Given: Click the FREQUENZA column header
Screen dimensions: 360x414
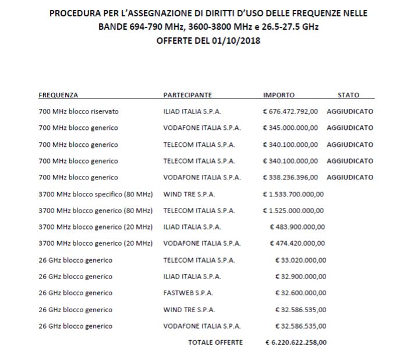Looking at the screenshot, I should coord(58,95).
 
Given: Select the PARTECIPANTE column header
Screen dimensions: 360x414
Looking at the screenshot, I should coord(187,95).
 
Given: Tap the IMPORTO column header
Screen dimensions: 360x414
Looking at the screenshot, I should coord(279,95).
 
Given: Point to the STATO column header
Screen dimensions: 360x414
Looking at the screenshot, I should coord(348,95).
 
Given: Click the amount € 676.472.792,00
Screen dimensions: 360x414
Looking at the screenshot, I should coord(291,111).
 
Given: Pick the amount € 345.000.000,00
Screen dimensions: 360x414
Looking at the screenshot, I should coord(291,128).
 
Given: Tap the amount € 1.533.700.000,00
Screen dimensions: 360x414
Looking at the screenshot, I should coord(294,194).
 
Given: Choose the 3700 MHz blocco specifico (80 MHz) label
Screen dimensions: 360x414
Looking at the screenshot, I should coord(95,194).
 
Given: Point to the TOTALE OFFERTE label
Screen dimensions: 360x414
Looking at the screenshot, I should coord(215,343).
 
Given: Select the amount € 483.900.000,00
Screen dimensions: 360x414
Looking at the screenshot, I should coord(298,227).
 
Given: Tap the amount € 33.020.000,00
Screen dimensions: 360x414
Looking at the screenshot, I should coord(300,260).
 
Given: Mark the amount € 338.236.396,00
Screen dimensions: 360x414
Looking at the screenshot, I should coord(291,177).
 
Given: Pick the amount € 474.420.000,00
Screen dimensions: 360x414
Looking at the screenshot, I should coord(298,243).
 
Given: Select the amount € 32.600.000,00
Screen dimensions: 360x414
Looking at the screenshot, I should coord(300,292).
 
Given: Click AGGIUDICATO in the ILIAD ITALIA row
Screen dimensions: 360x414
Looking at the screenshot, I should coord(350,111).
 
